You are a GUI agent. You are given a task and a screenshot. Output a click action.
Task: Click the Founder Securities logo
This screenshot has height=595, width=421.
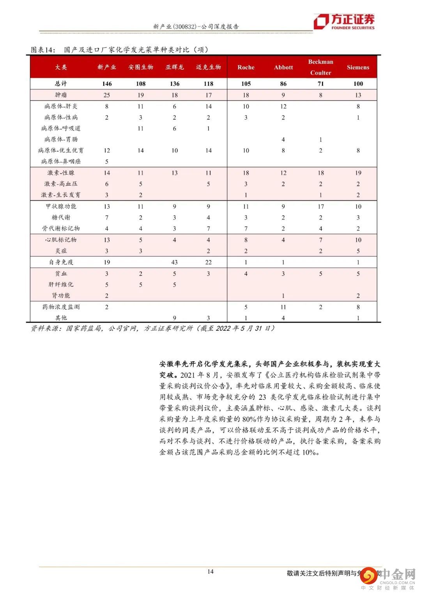(x=344, y=21)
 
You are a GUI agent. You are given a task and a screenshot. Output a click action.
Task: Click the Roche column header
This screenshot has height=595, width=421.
(x=246, y=67)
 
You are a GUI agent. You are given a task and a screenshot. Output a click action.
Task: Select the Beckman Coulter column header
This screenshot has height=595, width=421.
(x=320, y=67)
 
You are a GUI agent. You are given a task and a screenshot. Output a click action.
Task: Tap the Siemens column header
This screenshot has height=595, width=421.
(x=358, y=67)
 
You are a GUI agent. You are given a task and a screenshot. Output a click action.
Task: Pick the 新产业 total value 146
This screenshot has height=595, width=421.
(x=107, y=84)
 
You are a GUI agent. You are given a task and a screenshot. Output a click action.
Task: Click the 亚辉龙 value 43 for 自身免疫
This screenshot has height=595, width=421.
(x=175, y=263)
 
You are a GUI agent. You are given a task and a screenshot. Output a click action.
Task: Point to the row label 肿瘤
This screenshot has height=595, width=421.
(x=61, y=95)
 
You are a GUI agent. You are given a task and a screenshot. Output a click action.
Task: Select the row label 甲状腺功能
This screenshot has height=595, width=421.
(x=61, y=207)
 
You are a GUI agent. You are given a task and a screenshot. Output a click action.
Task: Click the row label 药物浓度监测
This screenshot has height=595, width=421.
(x=61, y=307)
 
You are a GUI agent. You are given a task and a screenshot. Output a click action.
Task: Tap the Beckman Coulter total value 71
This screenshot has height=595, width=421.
(x=320, y=84)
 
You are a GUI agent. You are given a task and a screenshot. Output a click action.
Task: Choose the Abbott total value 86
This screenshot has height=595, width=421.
(x=283, y=84)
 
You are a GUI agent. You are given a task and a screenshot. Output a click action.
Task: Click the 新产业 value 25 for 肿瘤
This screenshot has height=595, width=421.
(x=107, y=95)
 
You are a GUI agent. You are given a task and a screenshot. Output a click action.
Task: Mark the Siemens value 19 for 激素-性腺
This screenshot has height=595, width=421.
(x=358, y=173)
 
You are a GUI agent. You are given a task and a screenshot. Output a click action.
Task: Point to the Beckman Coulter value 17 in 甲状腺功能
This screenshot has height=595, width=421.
(x=320, y=207)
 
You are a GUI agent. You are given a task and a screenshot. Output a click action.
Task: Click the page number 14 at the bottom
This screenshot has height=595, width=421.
(x=210, y=572)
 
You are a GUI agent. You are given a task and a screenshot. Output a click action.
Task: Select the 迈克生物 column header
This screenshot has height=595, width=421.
(x=209, y=67)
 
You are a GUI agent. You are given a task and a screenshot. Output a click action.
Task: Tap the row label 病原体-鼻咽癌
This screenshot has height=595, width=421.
(x=61, y=161)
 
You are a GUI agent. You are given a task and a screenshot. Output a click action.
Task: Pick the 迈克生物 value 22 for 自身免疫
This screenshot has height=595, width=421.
(x=209, y=263)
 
